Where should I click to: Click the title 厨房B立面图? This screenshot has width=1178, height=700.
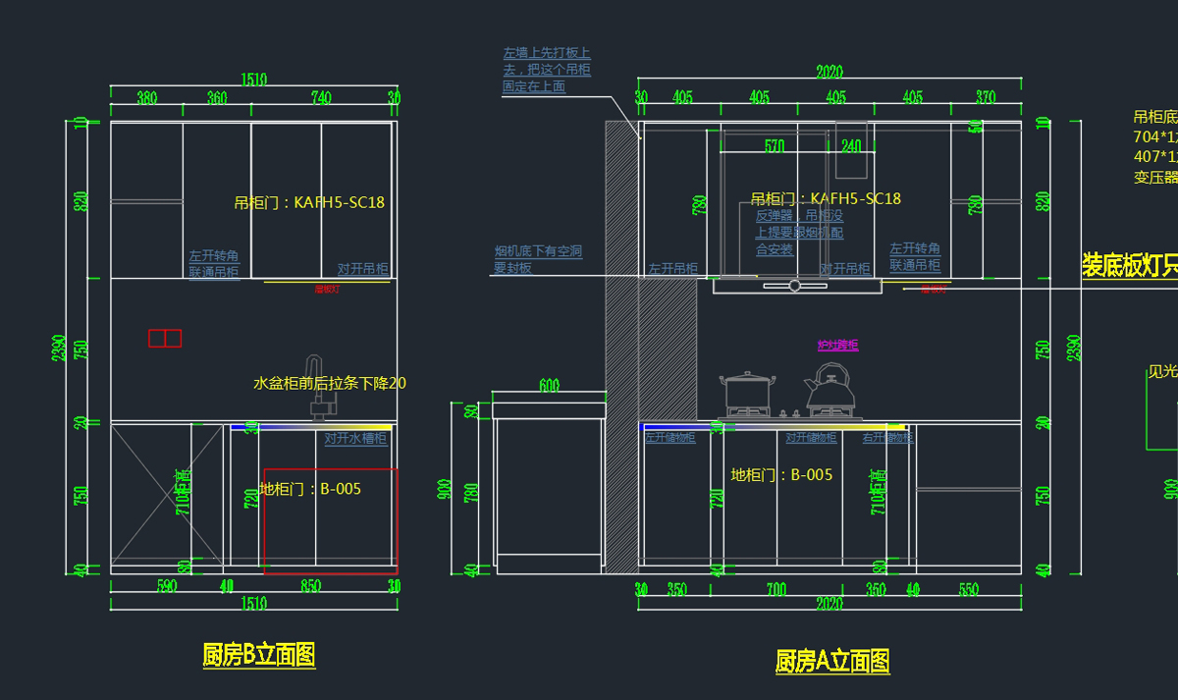(259, 655)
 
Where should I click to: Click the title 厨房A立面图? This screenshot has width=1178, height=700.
(832, 661)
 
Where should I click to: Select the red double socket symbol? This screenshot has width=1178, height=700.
(165, 338)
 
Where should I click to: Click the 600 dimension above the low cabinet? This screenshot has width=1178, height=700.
(549, 386)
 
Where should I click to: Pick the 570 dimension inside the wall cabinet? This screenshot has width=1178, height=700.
(775, 146)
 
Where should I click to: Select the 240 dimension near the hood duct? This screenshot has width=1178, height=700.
(850, 146)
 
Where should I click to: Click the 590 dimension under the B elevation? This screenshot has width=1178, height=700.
(167, 586)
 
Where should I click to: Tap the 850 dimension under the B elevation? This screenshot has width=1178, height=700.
(310, 586)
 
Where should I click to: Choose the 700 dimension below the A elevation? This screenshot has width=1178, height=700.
(776, 589)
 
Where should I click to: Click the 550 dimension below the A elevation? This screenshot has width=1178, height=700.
(968, 589)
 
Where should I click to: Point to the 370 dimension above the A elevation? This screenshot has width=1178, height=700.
(986, 97)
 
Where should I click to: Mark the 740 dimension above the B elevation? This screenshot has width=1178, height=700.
(321, 97)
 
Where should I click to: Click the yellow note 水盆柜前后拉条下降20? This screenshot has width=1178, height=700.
(330, 383)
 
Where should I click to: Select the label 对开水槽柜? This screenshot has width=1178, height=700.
(355, 439)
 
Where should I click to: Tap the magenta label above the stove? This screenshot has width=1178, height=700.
(838, 346)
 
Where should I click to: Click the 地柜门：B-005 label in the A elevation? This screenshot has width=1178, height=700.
(781, 475)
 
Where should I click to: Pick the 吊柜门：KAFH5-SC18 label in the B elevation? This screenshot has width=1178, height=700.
(309, 203)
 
